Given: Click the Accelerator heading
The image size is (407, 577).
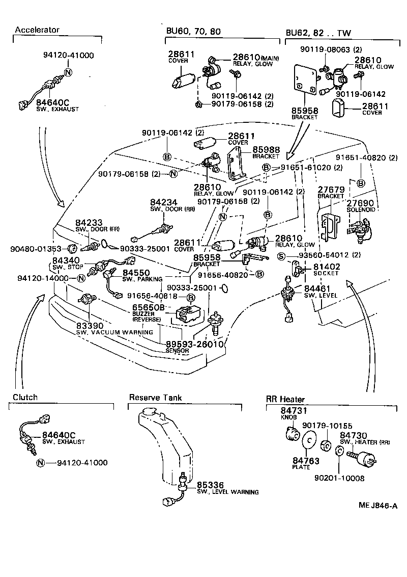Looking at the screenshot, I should pyautogui.click(x=37, y=30).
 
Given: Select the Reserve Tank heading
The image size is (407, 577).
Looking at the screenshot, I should pyautogui.click(x=155, y=398).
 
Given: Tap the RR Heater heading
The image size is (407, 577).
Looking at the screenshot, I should pyautogui.click(x=285, y=399).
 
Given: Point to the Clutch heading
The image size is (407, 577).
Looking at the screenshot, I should pyautogui.click(x=25, y=397).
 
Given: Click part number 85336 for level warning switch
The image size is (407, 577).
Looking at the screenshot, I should pyautogui.click(x=211, y=485).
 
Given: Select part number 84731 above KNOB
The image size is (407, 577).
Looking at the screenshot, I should pyautogui.click(x=293, y=410).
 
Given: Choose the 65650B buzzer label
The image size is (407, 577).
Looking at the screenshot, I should pyautogui.click(x=149, y=307).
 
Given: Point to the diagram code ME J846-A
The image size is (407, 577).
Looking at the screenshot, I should pyautogui.click(x=377, y=506).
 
